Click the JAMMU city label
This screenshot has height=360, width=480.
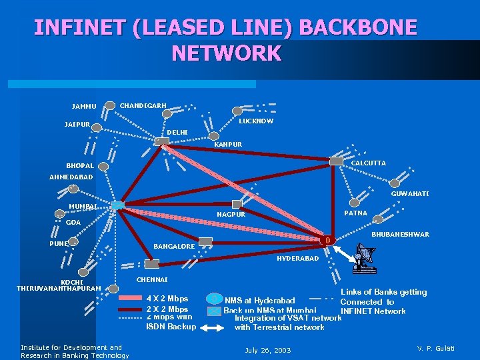click(x=84, y=106)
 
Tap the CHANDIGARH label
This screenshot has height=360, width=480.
click(x=143, y=105)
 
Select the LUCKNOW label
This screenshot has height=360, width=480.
click(x=256, y=121)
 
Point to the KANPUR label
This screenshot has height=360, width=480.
click(x=227, y=144)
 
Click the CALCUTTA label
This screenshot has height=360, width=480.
click(x=368, y=163)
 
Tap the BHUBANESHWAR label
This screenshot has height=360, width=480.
click(x=400, y=235)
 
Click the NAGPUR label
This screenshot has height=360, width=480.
click(x=231, y=215)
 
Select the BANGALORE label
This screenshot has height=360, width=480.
click(x=174, y=247)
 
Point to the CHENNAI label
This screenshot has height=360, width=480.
click(x=152, y=279)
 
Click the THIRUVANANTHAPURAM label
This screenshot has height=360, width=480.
click(x=59, y=288)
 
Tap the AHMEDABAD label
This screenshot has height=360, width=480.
click(x=71, y=177)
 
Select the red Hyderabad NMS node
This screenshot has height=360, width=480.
click(x=327, y=240)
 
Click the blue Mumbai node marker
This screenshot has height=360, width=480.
click(x=117, y=205)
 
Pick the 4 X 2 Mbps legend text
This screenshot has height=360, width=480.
click(x=167, y=299)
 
